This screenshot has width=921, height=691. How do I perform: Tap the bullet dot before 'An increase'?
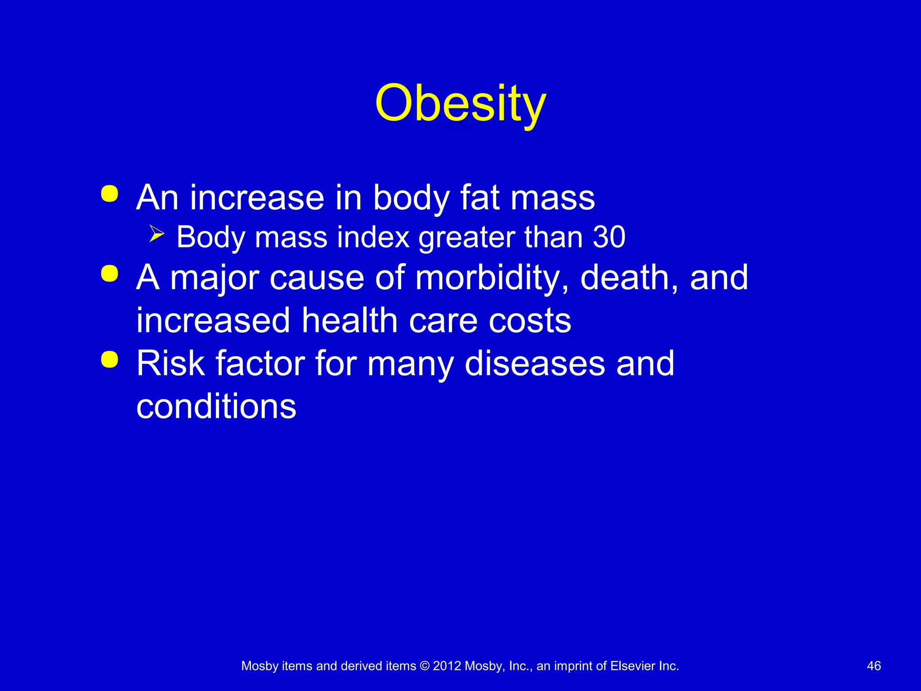pos(110,194)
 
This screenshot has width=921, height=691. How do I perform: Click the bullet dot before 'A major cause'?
pos(110,274)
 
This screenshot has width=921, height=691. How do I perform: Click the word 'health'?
pos(349,320)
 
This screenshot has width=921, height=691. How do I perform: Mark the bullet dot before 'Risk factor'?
pos(110,359)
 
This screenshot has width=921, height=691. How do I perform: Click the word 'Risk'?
pos(170,363)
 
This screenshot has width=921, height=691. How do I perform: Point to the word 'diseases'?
pos(535,363)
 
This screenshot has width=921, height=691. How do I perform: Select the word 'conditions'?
pos(216,406)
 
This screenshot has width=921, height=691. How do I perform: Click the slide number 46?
pos(874,666)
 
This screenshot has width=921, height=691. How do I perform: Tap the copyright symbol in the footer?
pos(425,666)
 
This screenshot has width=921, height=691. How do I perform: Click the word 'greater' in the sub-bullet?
pos(466,237)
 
